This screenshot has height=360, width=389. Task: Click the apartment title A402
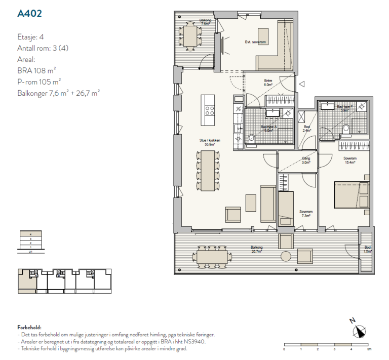click(29, 14)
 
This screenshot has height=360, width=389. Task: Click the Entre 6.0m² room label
click(268, 83)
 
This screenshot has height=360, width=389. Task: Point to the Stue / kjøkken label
click(210, 142)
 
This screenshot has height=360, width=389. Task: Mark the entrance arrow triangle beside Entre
click(301, 85)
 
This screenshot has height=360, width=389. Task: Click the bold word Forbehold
click(29, 328)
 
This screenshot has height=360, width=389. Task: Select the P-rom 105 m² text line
click(39, 82)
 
